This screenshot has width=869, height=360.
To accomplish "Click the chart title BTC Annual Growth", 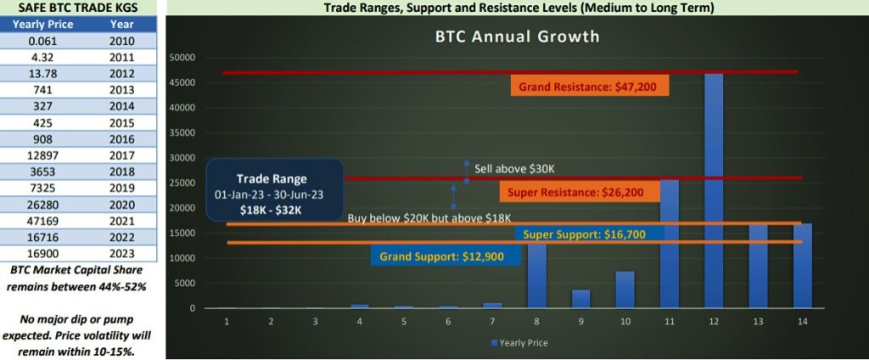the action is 517,37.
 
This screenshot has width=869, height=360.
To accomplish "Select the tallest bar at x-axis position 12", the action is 714,191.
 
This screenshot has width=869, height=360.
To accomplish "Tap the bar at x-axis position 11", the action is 670,244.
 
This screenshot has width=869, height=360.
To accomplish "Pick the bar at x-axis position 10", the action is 625,290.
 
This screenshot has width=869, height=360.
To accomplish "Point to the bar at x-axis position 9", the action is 580,299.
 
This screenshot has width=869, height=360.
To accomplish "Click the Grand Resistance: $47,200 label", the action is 590,86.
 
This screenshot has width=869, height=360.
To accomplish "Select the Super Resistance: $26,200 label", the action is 580,192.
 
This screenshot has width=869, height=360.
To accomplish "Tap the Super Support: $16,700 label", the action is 590,234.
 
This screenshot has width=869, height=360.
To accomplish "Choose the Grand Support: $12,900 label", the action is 446,256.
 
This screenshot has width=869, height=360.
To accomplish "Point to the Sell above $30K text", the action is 514,168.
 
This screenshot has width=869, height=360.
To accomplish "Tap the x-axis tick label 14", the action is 803,321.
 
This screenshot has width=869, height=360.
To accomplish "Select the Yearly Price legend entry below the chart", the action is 519,343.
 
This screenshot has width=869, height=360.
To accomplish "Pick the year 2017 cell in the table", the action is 122,155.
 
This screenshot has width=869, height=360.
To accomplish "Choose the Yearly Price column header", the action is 42,25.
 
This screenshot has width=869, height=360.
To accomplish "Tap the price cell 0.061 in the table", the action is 42,41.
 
